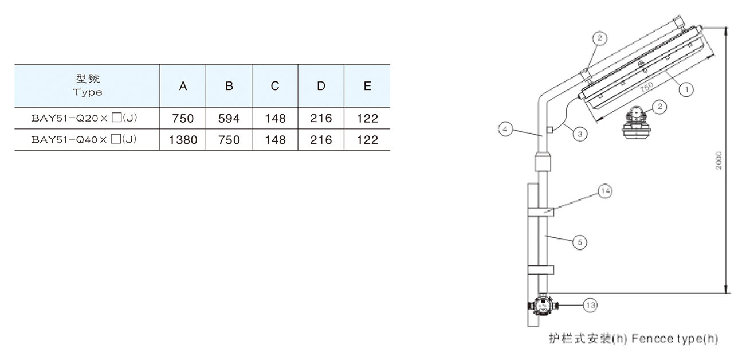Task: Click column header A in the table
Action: [183, 86]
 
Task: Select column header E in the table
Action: [367, 86]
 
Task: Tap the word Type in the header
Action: [88, 92]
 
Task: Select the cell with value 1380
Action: [183, 139]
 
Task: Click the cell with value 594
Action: [229, 119]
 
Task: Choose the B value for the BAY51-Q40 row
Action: [229, 139]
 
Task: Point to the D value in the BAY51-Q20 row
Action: [321, 119]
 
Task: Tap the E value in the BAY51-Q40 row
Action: [367, 139]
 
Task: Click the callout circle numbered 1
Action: [686, 89]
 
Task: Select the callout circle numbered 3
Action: [579, 134]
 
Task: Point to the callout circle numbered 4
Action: [505, 130]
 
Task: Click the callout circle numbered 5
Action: [580, 242]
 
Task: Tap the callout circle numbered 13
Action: [590, 306]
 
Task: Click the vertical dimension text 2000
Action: [719, 160]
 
